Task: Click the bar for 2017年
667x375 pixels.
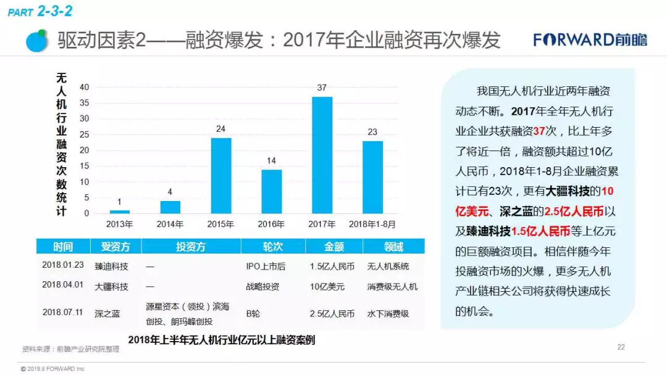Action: click(x=322, y=155)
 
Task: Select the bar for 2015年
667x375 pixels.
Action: click(x=221, y=176)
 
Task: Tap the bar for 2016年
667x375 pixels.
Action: click(x=271, y=192)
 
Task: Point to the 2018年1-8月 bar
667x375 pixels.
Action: click(x=372, y=178)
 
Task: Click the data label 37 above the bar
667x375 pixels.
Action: click(x=322, y=88)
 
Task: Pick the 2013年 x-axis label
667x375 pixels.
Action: click(x=120, y=225)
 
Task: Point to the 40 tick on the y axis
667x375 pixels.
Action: click(x=84, y=87)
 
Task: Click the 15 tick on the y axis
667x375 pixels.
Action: click(x=84, y=166)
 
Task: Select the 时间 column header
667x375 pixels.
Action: click(x=62, y=247)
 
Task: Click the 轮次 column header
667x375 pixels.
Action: click(x=272, y=247)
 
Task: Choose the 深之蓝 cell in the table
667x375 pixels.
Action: click(x=107, y=313)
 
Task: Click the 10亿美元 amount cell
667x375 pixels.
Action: click(x=327, y=287)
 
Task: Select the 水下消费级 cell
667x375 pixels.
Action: click(x=388, y=313)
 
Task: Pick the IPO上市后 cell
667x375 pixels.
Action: click(x=266, y=267)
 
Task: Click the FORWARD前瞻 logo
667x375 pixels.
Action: click(x=590, y=40)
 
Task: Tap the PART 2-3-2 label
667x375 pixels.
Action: click(x=40, y=10)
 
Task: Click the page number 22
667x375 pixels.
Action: click(x=621, y=347)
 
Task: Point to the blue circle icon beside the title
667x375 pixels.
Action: click(x=38, y=41)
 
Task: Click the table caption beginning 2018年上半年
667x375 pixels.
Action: click(x=222, y=340)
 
